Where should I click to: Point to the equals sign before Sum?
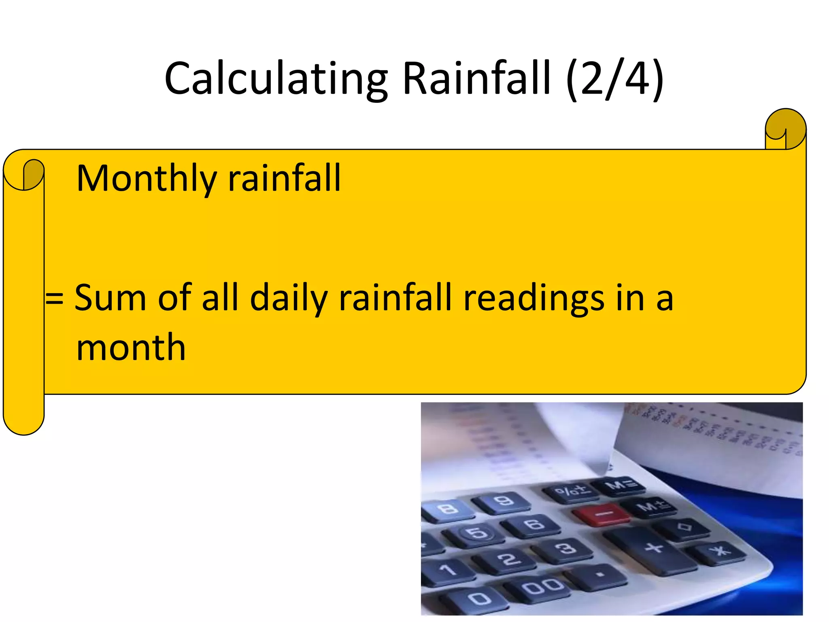(54, 299)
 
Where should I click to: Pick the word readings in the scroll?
(534, 298)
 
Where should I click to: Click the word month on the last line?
(131, 347)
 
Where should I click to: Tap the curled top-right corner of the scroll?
(785, 129)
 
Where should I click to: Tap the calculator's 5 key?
(478, 533)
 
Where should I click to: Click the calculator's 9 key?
(504, 501)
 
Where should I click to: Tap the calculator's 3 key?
(566, 548)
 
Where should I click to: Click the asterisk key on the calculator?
(720, 551)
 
